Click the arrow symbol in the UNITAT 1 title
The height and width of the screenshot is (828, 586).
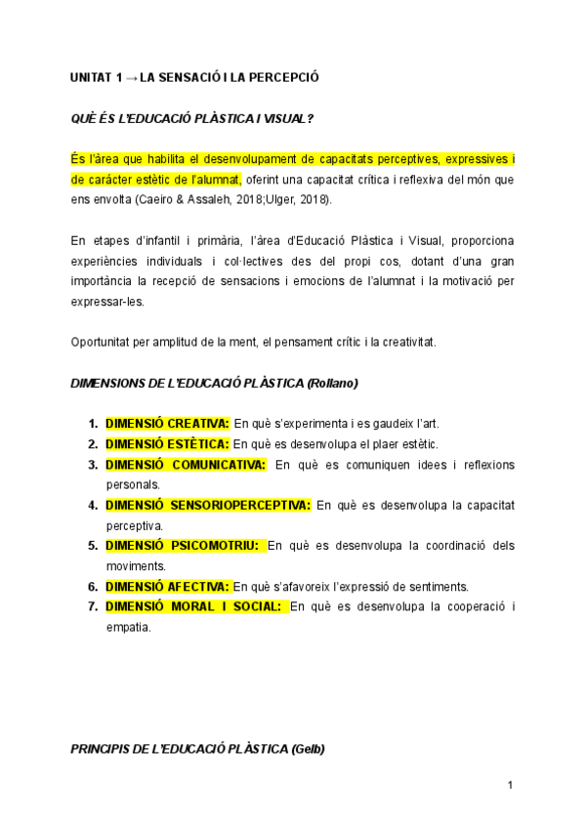click(131, 76)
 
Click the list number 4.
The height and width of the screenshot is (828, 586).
click(92, 505)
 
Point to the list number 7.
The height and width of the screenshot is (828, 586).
click(92, 607)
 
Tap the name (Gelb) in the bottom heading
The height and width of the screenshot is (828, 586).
click(308, 749)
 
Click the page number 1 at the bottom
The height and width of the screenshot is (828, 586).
click(510, 785)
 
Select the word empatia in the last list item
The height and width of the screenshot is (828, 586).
click(128, 627)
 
